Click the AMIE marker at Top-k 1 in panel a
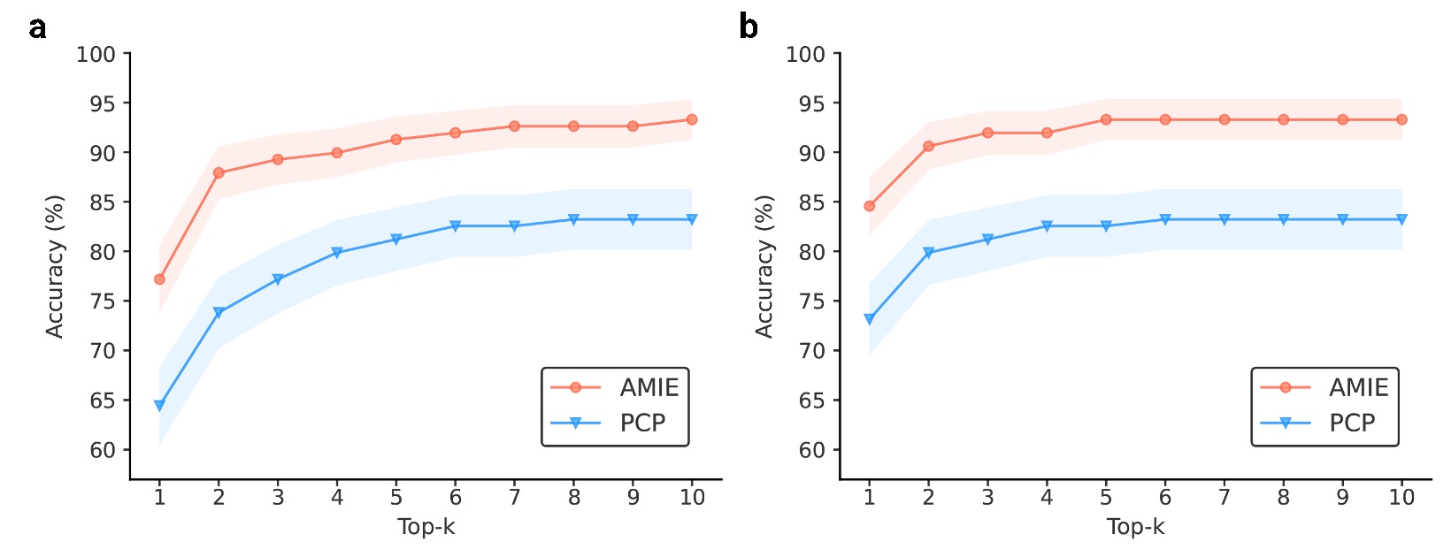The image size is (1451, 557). [159, 279]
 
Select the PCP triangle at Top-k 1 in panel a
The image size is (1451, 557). [159, 406]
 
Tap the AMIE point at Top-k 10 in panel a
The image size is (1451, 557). [692, 119]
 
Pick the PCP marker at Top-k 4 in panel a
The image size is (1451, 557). [337, 253]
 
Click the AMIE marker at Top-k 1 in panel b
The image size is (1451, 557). [869, 206]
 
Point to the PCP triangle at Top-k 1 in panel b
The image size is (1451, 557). [869, 319]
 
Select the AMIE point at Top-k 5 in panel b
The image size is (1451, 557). [1106, 119]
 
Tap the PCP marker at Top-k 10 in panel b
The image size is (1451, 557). [1401, 219]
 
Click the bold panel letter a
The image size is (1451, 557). [37, 28]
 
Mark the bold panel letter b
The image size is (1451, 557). [748, 28]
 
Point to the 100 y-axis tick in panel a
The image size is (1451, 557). [96, 54]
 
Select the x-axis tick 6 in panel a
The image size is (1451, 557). [456, 498]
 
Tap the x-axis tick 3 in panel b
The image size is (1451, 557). [987, 498]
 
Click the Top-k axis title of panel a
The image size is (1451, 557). [426, 528]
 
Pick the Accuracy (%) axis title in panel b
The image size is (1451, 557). [764, 267]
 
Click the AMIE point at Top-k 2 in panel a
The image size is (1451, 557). [219, 173]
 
